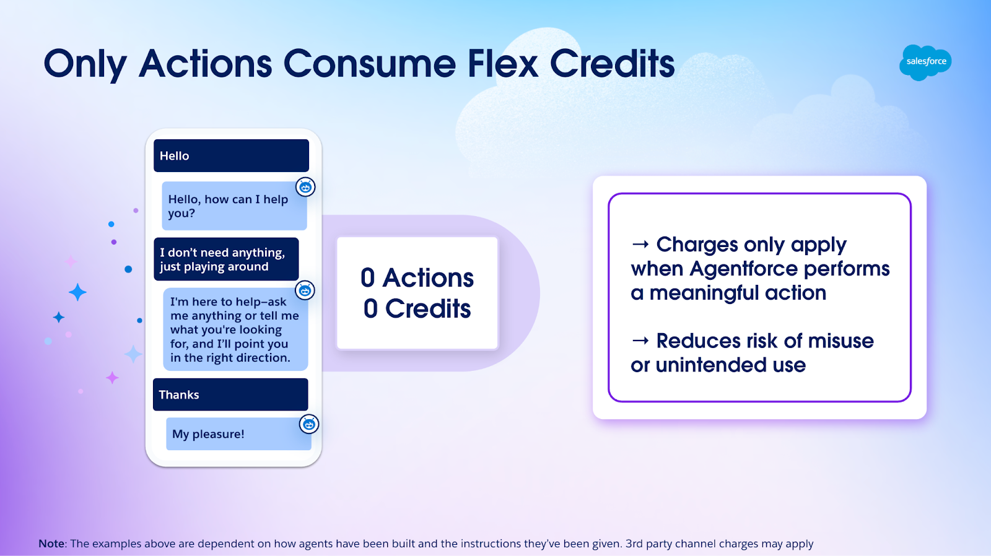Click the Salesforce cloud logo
925,62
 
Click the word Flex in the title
503,64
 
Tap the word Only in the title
85,64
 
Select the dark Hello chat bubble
231,155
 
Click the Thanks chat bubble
230,394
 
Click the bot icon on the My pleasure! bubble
309,424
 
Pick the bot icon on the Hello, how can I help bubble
305,187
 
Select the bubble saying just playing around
226,259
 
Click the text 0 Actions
417,278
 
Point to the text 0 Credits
417,309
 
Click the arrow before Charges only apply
640,245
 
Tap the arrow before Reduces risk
640,341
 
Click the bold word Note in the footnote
51,544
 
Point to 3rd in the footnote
634,544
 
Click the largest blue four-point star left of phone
77,292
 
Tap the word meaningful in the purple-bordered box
703,293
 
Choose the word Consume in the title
369,64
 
